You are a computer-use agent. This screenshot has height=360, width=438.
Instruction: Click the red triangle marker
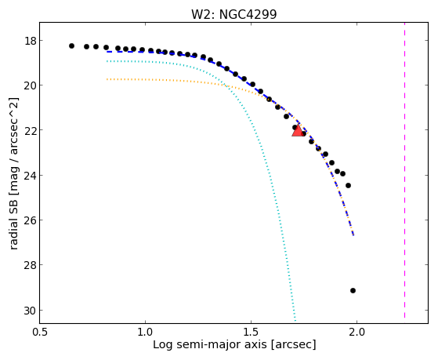pos(298,131)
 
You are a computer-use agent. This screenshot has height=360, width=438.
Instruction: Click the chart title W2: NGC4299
pos(233,14)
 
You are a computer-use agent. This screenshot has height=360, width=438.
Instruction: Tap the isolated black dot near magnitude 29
pos(353,291)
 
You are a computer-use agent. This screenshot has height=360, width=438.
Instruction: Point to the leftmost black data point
pos(71,45)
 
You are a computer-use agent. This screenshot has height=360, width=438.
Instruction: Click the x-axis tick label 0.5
pos(40,332)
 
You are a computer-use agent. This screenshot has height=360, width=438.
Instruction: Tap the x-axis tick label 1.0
pos(145,332)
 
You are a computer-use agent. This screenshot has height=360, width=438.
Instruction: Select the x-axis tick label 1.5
pos(251,332)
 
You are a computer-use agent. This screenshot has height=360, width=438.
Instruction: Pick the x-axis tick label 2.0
pos(357,332)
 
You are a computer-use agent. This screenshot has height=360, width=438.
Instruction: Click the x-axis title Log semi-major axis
pos(210,344)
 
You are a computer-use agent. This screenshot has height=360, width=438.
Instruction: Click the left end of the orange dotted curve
pos(107,79)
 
